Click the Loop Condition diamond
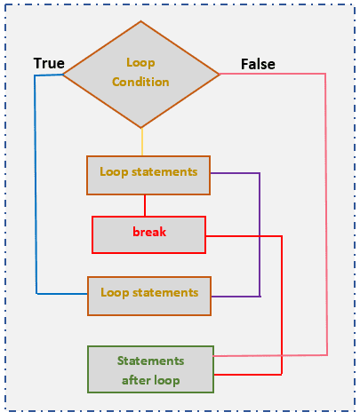[x=140, y=73]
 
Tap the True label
[x=49, y=64]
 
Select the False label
[x=258, y=64]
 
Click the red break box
[x=148, y=234]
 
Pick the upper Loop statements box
[x=148, y=175]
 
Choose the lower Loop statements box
[x=148, y=295]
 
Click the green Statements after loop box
[x=150, y=369]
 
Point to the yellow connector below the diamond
[x=141, y=142]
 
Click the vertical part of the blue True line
[x=36, y=186]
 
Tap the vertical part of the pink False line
[x=326, y=213]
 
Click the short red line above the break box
[x=144, y=205]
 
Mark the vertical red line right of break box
[x=282, y=302]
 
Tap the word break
[x=149, y=233]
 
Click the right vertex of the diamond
[x=219, y=73]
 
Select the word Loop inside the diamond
[x=140, y=63]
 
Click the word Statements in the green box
[x=150, y=361]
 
